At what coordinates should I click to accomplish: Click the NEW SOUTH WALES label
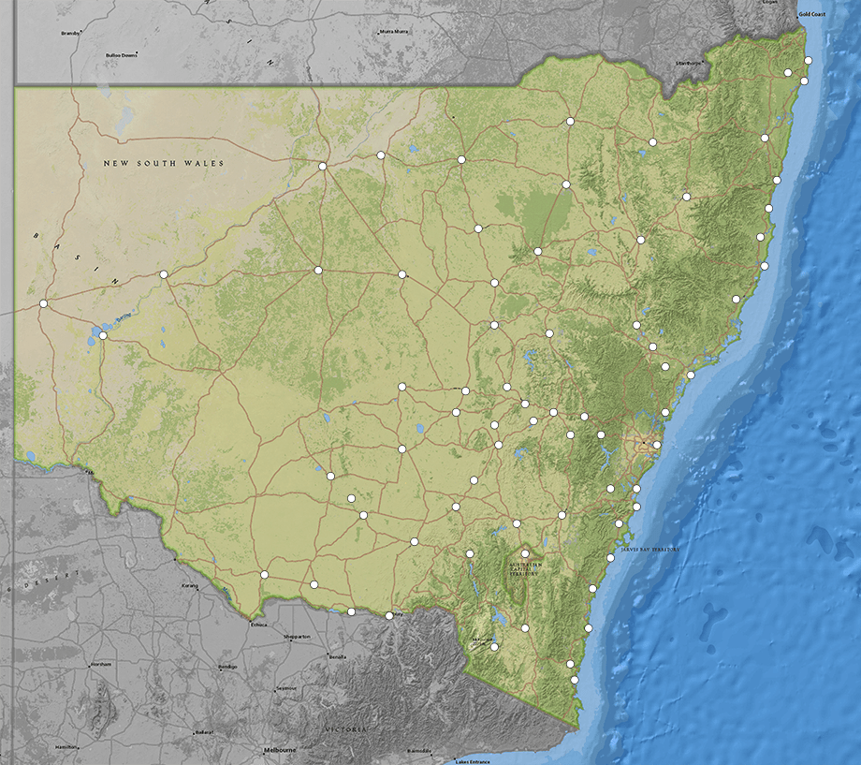165,164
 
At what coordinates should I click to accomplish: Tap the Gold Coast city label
810,15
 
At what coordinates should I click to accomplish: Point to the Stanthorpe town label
688,63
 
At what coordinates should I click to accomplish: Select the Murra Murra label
394,31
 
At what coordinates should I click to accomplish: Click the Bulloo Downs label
122,55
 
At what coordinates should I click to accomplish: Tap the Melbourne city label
280,751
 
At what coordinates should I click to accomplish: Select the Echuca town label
259,625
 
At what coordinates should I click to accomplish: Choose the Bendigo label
226,667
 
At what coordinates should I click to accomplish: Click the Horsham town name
99,665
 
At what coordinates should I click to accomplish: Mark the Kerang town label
190,586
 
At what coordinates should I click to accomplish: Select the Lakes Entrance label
473,761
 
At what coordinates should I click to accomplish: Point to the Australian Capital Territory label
525,570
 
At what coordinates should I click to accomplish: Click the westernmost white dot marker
43,303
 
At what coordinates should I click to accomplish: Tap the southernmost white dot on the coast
575,680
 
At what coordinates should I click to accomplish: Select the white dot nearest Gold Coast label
809,61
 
